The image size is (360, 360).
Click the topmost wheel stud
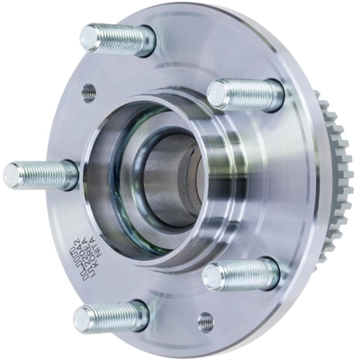click(117, 39)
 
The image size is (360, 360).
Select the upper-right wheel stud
click(245, 94)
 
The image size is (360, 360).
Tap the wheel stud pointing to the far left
click(40, 173)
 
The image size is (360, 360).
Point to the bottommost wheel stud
click(111, 316)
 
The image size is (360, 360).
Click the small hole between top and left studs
click(88, 90)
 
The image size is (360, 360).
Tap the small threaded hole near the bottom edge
click(205, 319)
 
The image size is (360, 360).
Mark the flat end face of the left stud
click(11, 173)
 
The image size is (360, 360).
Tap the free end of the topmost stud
click(87, 37)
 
